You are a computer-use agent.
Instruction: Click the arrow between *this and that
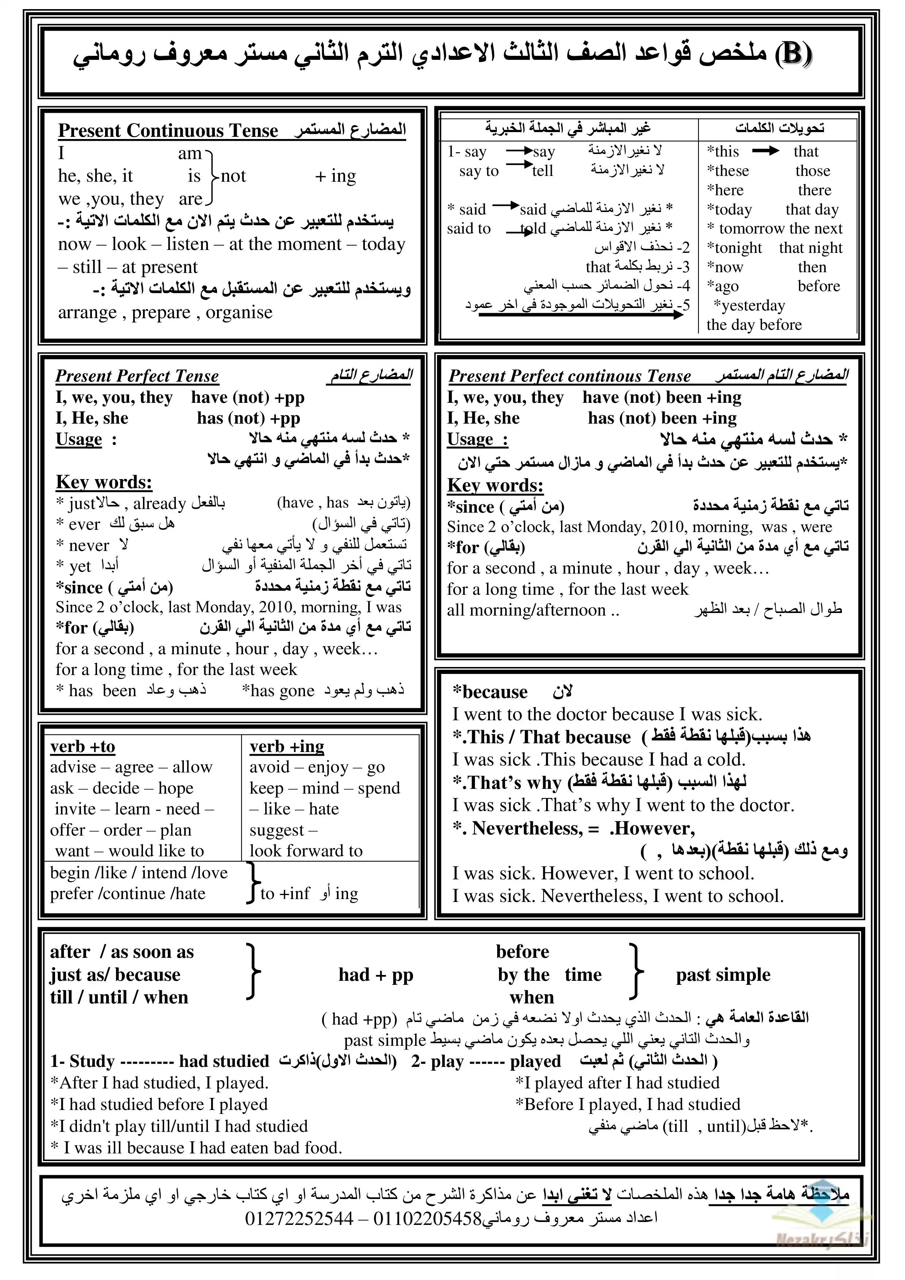(765, 151)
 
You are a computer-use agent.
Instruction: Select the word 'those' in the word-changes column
(812, 171)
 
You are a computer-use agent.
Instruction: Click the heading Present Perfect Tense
(137, 376)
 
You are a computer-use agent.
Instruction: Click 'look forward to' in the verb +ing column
(306, 851)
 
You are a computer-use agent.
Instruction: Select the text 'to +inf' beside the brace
(285, 894)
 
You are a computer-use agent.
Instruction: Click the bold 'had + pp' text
(376, 975)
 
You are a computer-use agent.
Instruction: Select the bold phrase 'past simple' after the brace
(723, 975)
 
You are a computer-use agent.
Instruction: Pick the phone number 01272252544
(299, 1219)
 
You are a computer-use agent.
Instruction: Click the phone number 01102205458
(427, 1219)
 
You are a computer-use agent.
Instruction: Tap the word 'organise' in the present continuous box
(239, 312)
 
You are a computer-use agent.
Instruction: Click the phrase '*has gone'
(278, 691)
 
